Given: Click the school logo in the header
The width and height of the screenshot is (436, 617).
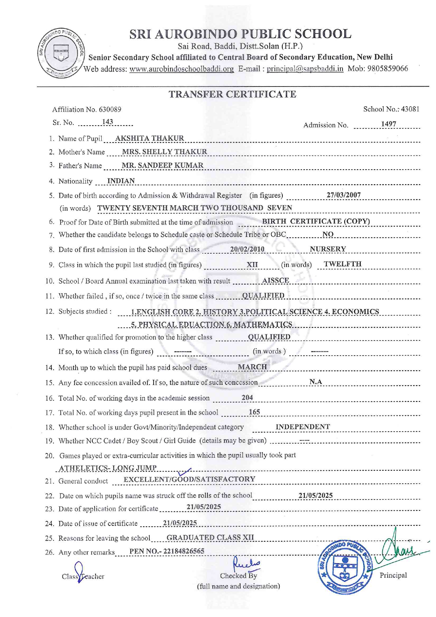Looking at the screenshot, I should tap(60, 53).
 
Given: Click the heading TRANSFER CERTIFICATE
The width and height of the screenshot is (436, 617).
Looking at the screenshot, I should tap(232, 94).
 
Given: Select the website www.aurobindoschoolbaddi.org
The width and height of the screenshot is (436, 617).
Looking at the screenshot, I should tap(181, 69).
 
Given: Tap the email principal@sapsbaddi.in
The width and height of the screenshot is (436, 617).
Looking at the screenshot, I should tap(305, 69).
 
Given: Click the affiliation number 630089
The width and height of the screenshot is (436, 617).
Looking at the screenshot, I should tap(110, 109).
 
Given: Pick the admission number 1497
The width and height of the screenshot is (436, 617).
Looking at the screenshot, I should tap(389, 124).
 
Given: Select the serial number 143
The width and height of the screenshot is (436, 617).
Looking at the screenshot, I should tap(108, 122).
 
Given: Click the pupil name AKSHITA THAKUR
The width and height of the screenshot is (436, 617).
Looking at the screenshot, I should tap(149, 138).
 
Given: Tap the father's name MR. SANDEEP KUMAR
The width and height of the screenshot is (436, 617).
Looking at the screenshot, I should tap(162, 165).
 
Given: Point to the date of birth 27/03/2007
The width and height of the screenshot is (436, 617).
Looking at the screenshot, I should tap(344, 195).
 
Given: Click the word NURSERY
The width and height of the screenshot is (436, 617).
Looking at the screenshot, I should tap(328, 249).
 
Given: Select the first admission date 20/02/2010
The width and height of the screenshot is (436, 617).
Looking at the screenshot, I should tap(247, 249).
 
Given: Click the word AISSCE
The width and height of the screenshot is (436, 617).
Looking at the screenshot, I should tap(276, 280).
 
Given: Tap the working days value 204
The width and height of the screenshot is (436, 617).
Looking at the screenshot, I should tap(247, 397).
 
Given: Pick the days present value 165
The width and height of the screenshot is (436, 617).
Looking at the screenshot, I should tap(254, 412).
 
